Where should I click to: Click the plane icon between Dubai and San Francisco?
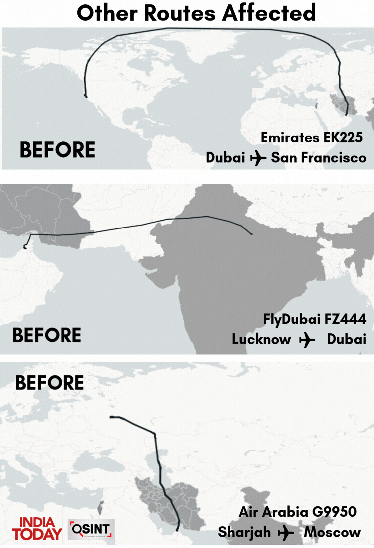258,158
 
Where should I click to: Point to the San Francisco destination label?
318,158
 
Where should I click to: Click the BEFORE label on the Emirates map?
58,150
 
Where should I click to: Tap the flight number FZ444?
345,319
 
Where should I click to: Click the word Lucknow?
261,339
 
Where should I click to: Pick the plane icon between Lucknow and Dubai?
307,340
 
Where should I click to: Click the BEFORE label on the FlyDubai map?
47,335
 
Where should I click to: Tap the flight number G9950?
334,512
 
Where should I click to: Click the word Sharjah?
244,532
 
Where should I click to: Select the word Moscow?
332,532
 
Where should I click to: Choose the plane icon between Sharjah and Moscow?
286,533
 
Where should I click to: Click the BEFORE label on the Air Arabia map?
50,383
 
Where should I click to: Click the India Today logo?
37,529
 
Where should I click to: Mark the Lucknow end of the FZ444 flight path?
252,234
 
